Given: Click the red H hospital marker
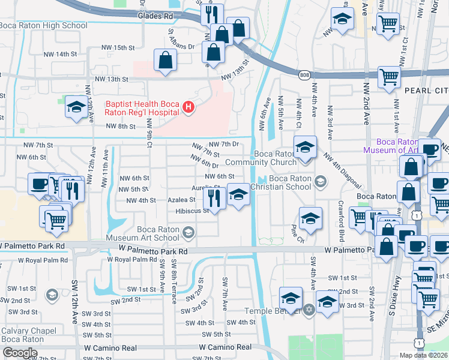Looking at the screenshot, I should (x=188, y=108).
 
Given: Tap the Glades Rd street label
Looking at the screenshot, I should (x=154, y=16).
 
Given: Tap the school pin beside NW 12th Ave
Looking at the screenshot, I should (x=76, y=107).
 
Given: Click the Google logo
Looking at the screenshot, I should (x=20, y=353).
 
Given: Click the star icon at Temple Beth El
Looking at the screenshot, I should (x=309, y=310).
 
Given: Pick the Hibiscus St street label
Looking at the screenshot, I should (x=192, y=211).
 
